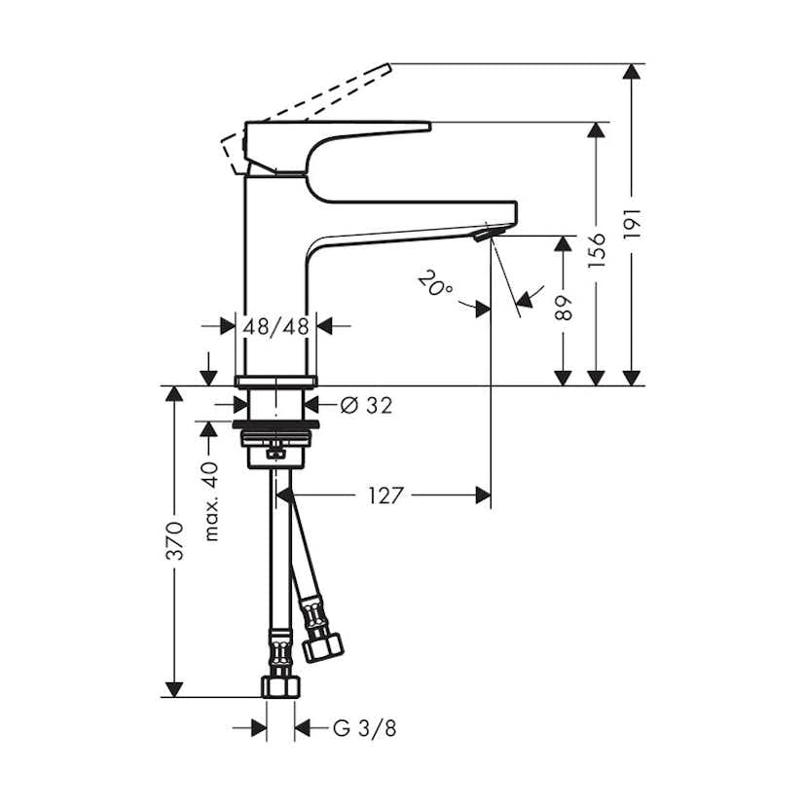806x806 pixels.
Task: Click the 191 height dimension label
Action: [x=632, y=225]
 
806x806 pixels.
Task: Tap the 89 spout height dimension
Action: [x=563, y=309]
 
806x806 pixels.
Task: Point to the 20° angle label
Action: [x=434, y=283]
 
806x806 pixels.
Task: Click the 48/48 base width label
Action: [x=276, y=326]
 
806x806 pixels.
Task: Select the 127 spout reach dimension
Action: [x=385, y=495]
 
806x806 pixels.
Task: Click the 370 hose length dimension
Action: [x=174, y=541]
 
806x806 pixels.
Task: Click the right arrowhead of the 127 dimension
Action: [x=483, y=495]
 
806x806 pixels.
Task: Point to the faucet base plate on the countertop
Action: [x=276, y=380]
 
